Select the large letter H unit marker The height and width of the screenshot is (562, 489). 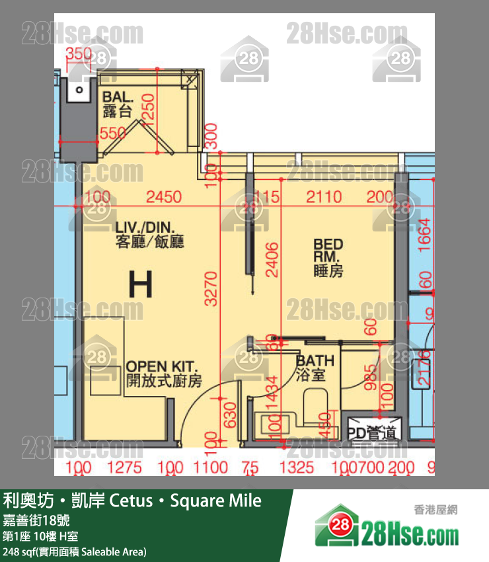[x=140, y=284]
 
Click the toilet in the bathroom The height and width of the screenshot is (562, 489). [x=317, y=404]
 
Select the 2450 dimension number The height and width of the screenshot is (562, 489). [x=163, y=197]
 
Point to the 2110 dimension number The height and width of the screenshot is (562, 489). [x=324, y=197]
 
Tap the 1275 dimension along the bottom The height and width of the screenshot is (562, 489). [x=124, y=468]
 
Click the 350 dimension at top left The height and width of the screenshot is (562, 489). [x=79, y=54]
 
